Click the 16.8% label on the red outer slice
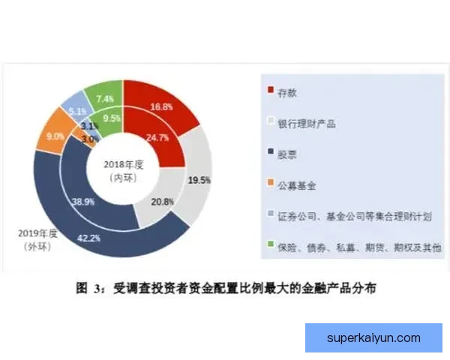click(x=161, y=107)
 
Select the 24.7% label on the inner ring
click(x=156, y=138)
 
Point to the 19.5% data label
click(x=199, y=180)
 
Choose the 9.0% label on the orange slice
click(x=55, y=136)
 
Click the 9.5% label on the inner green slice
click(x=112, y=118)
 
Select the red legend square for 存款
click(x=271, y=91)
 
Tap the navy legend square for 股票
click(x=271, y=154)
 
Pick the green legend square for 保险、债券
click(x=271, y=246)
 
